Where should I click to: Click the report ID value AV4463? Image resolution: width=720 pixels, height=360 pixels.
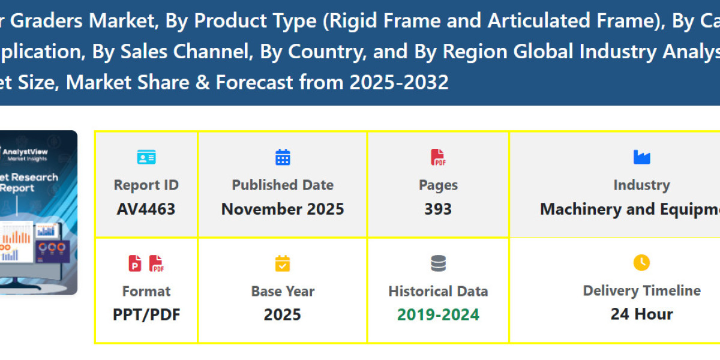coord(146,209)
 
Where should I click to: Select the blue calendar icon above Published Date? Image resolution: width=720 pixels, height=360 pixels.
coord(283,157)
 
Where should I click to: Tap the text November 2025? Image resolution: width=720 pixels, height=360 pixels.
coord(283,209)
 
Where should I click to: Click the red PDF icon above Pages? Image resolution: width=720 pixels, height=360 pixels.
coord(438,157)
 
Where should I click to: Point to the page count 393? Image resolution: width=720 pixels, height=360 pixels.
coord(438,209)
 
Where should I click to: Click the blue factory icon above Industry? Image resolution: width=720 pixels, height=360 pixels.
coord(641,157)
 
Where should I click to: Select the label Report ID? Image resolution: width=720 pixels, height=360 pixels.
coord(146,185)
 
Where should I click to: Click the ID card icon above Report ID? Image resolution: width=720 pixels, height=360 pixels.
coord(146,157)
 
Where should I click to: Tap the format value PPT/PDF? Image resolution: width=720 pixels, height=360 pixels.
coord(146,314)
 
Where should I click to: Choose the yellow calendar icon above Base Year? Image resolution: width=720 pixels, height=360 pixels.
coord(283,263)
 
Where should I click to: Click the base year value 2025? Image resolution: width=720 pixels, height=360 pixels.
coord(283,314)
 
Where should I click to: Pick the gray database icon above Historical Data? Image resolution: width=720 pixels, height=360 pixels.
coord(438,263)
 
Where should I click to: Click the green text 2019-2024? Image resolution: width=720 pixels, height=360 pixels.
coord(438,314)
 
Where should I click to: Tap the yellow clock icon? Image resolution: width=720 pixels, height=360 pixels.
coord(641,263)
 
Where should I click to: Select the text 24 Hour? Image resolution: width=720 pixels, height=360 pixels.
coord(641,314)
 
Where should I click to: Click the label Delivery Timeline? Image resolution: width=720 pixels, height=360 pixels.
coord(641,291)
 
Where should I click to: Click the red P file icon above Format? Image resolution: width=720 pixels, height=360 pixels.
coord(135,263)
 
